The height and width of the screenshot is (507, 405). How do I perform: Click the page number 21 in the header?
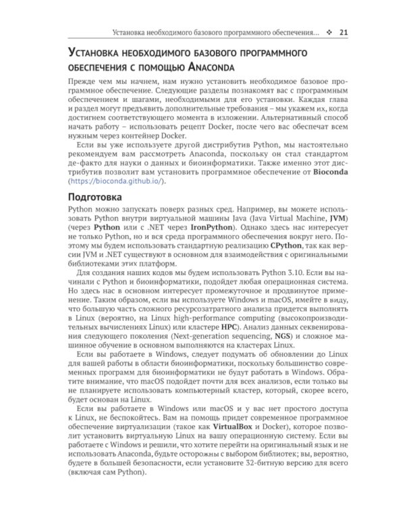tap(343, 32)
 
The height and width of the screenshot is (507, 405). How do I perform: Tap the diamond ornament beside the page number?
tap(329, 32)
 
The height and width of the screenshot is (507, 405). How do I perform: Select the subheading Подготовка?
tap(94, 197)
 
